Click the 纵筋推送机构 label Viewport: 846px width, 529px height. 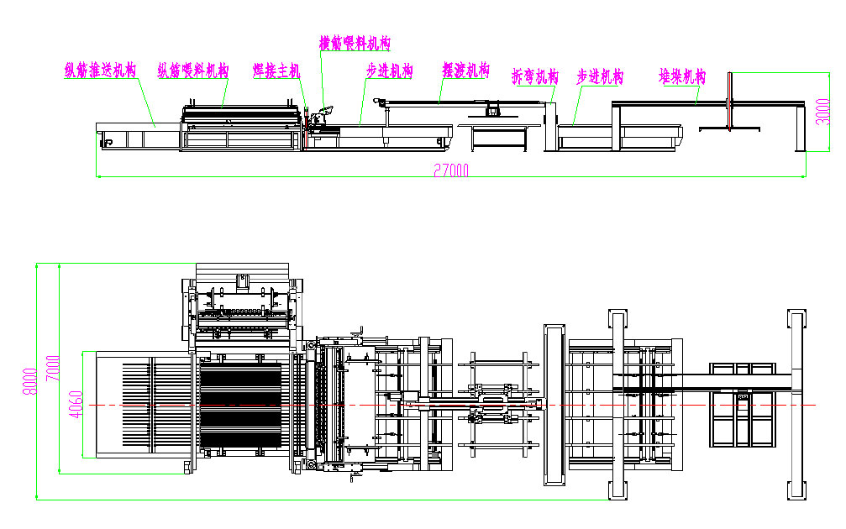100,71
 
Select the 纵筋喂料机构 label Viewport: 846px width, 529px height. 193,71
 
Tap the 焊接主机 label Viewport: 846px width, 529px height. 276,71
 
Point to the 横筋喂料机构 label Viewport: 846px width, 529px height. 355,43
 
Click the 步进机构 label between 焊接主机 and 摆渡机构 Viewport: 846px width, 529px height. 389,71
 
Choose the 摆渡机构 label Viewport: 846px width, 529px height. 465,71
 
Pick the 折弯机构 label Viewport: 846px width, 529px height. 535,76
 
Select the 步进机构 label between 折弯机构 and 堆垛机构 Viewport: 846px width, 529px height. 600,76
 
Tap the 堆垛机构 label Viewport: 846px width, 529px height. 681,76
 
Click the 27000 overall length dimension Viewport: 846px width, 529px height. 451,170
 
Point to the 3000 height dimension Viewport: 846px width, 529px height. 822,111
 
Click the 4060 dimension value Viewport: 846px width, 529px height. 76,403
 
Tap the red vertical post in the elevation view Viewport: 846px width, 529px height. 732,102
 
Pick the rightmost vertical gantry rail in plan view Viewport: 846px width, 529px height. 795,404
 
